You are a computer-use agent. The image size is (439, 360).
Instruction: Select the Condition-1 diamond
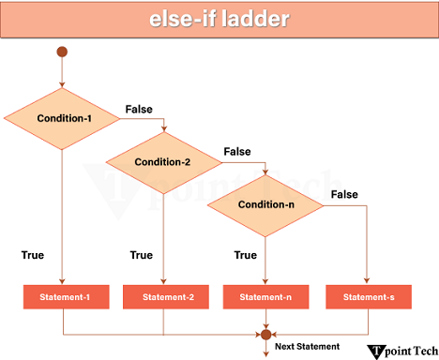pyautogui.click(x=62, y=119)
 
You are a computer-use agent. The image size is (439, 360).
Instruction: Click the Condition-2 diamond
pyautogui.click(x=162, y=162)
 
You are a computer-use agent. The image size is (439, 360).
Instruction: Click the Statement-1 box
pyautogui.click(x=62, y=297)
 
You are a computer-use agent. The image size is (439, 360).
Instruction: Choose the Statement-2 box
pyautogui.click(x=163, y=297)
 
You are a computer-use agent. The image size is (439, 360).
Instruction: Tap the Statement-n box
pyautogui.click(x=265, y=297)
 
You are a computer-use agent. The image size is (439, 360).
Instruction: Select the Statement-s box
pyautogui.click(x=366, y=297)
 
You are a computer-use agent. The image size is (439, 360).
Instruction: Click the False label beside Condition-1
pyautogui.click(x=139, y=110)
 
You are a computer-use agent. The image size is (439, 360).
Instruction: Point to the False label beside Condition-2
pyautogui.click(x=237, y=152)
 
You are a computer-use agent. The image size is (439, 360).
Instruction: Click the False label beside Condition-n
pyautogui.click(x=344, y=194)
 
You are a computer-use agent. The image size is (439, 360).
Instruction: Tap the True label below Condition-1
pyautogui.click(x=32, y=255)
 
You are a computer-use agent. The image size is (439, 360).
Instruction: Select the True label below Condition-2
pyautogui.click(x=141, y=255)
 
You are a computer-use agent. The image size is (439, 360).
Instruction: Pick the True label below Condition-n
pyautogui.click(x=245, y=255)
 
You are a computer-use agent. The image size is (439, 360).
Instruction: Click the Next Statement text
pyautogui.click(x=305, y=347)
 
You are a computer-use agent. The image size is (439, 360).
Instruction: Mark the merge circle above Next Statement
pyautogui.click(x=265, y=333)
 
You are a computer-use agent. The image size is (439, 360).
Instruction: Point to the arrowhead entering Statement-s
pyautogui.click(x=366, y=280)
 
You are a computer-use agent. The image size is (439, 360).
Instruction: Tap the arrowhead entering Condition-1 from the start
pyautogui.click(x=62, y=82)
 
